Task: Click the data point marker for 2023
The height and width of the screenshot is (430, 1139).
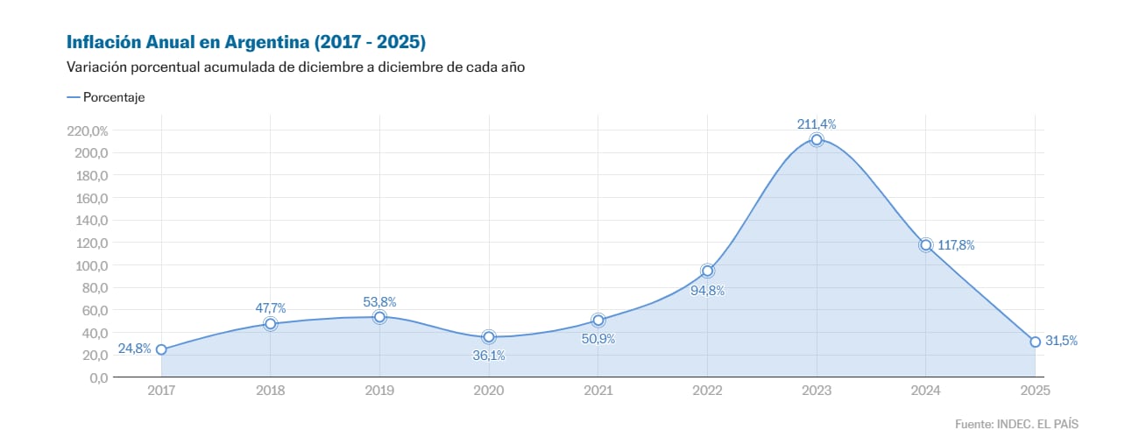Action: [x=817, y=139]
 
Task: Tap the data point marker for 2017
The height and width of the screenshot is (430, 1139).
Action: [x=161, y=349]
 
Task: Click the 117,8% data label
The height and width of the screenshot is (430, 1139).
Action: [x=956, y=245]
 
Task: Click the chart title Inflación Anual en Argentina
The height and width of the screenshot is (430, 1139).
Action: [x=246, y=42]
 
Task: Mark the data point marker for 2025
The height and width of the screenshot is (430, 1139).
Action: [x=1035, y=342]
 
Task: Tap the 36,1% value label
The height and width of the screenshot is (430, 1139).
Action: [x=488, y=356]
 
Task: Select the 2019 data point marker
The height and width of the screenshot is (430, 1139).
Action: [x=379, y=317]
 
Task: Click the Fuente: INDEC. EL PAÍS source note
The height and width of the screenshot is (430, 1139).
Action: [x=1015, y=423]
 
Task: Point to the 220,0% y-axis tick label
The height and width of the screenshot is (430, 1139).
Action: [x=87, y=130]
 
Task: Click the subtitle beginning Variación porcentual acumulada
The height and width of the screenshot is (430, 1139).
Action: [x=295, y=67]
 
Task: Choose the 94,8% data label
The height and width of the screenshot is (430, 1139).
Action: [x=707, y=291]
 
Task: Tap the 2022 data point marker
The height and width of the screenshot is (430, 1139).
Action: [x=707, y=271]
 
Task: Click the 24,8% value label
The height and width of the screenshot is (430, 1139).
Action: [x=135, y=349]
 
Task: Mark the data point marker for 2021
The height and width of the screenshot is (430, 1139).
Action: [x=598, y=321]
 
